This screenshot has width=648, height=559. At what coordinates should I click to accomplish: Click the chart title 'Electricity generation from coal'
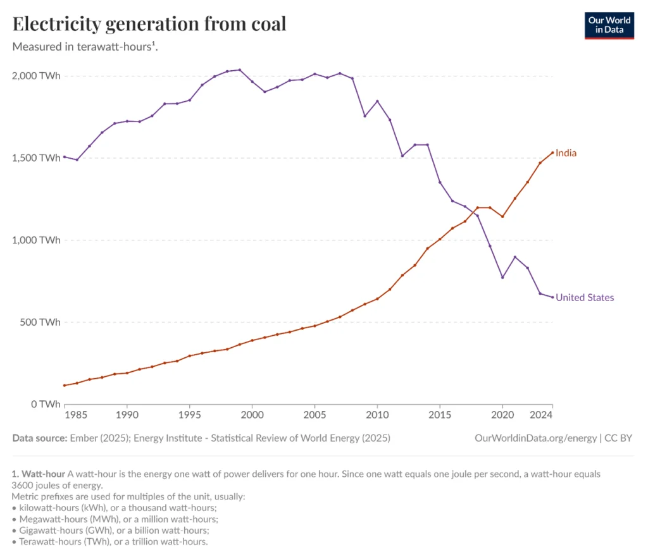click(149, 24)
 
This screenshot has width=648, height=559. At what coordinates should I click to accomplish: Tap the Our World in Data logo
click(609, 25)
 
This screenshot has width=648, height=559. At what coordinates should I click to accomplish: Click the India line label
click(566, 153)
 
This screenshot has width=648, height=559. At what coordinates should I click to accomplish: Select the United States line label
click(584, 297)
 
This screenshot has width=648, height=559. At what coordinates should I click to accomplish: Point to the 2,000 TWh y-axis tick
click(36, 76)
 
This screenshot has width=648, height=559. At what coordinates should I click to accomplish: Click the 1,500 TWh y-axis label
click(36, 158)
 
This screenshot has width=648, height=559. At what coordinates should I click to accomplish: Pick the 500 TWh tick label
click(40, 322)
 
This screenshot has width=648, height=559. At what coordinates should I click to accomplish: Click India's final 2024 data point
click(552, 152)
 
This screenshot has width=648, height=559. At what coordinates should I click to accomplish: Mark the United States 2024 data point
click(552, 297)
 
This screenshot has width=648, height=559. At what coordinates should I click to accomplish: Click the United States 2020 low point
click(502, 277)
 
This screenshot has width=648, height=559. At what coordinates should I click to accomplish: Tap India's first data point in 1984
click(65, 385)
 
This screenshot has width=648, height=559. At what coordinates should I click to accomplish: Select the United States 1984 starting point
click(65, 156)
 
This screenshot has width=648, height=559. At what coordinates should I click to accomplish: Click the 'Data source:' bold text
click(40, 438)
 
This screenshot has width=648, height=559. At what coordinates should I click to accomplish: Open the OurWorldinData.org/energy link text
click(535, 438)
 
